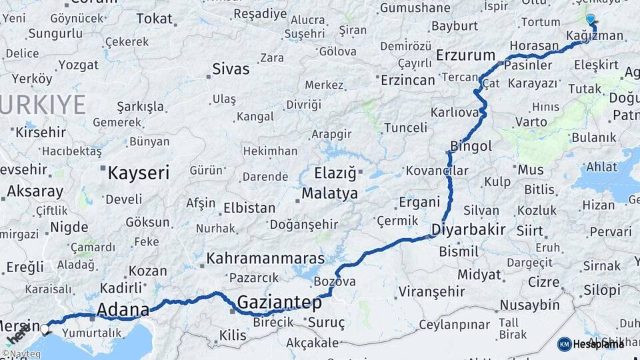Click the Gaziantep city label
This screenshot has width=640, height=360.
point(279,302)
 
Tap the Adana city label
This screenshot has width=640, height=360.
point(123,309)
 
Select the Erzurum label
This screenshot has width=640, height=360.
point(465,55)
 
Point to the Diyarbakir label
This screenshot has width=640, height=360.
point(468,230)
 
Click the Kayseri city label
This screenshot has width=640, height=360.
point(139,173)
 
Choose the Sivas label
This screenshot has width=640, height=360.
point(231,69)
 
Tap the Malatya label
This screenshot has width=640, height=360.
point(329,194)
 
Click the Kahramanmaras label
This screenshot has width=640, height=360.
point(265,258)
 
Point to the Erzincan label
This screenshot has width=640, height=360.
point(407,80)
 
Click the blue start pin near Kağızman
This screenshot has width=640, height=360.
point(590,19)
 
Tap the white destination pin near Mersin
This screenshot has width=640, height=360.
point(45,329)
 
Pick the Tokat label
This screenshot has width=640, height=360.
point(154,19)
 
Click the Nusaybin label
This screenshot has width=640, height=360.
point(530,305)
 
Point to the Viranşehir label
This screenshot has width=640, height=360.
point(431,291)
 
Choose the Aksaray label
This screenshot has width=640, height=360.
point(35,192)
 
